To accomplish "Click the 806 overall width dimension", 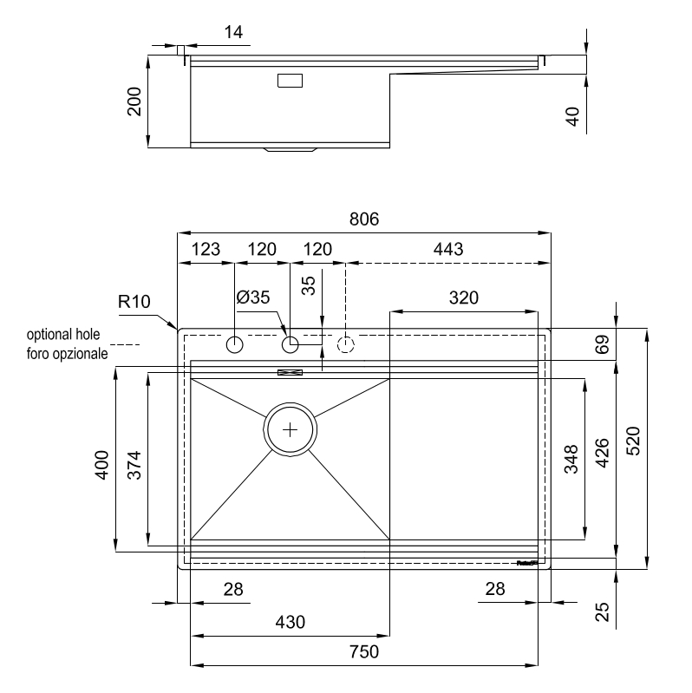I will [364, 220].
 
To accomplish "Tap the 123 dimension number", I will [206, 250].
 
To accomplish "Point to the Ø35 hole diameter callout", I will [253, 297].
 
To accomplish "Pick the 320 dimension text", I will [464, 298].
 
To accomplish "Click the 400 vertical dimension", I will [102, 467].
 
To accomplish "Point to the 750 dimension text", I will [364, 652].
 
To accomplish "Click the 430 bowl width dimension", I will [291, 622].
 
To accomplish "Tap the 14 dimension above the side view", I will [233, 33].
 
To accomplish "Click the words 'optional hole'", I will [65, 335].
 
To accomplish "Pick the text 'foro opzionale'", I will [67, 354].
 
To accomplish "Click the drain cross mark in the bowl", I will [290, 428].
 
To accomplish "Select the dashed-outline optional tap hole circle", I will [346, 345].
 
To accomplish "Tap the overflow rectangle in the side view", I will [290, 81].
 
